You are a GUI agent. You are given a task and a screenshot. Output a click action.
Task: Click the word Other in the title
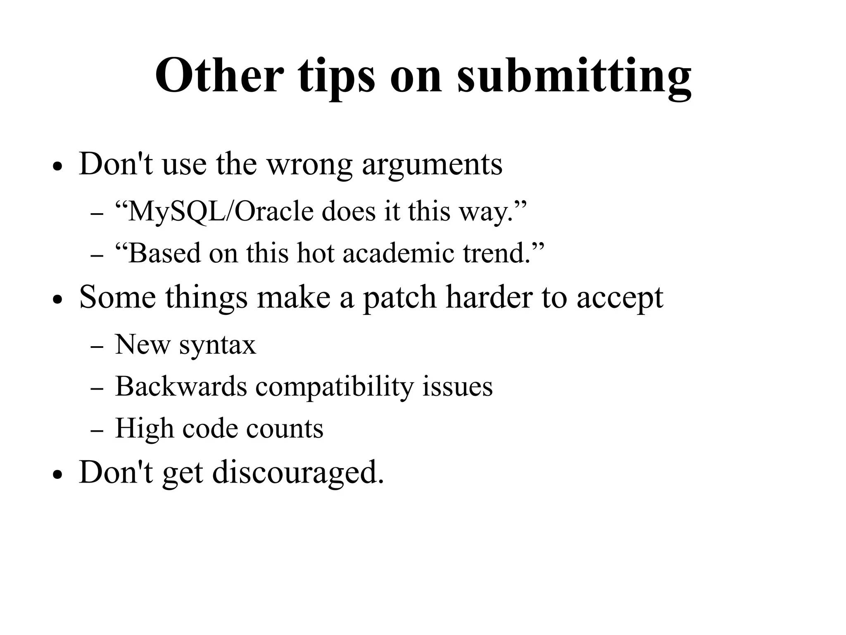coord(219,76)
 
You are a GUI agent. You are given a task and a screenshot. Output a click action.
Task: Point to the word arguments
coord(432,164)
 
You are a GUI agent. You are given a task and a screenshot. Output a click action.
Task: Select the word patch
coord(399,297)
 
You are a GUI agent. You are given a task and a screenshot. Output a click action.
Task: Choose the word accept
coord(620,298)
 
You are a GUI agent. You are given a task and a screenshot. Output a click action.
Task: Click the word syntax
coord(217,345)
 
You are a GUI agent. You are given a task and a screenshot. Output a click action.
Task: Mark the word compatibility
coord(334,387)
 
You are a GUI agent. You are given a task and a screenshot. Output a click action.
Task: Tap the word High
coord(144,428)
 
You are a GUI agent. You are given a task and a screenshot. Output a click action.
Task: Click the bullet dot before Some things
coord(57,300)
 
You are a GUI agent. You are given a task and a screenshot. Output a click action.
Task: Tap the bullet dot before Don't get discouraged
coord(57,475)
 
